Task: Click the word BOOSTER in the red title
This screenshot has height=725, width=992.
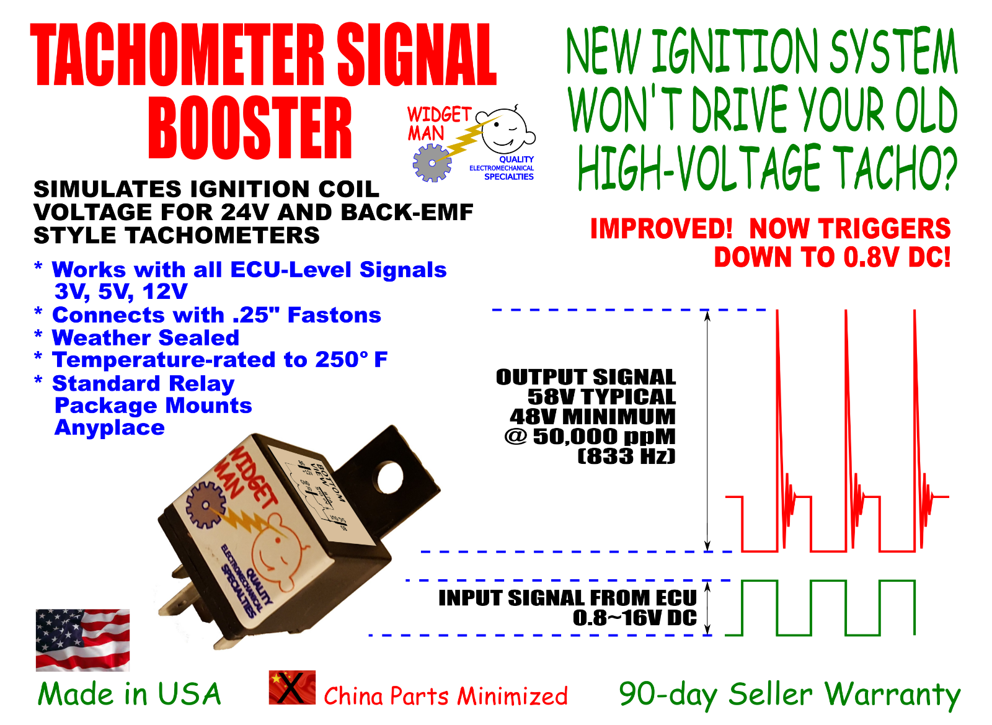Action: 250,128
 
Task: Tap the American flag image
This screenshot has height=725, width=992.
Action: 83,640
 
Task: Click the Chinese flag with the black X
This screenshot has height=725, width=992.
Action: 292,687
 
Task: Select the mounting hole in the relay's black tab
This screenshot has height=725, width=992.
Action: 390,478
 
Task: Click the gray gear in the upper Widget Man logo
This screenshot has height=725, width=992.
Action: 432,163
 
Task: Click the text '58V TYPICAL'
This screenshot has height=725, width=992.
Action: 601,397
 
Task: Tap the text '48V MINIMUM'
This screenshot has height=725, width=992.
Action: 592,417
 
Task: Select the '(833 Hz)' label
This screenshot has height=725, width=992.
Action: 626,456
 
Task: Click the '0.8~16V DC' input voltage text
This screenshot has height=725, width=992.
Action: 634,618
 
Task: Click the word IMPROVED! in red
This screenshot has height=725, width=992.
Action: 661,229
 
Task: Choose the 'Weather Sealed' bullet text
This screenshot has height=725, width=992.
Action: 146,337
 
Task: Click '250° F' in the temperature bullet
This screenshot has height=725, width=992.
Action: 351,360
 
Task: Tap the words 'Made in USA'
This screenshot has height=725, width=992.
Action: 130,694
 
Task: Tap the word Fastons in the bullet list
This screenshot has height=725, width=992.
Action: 334,315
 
